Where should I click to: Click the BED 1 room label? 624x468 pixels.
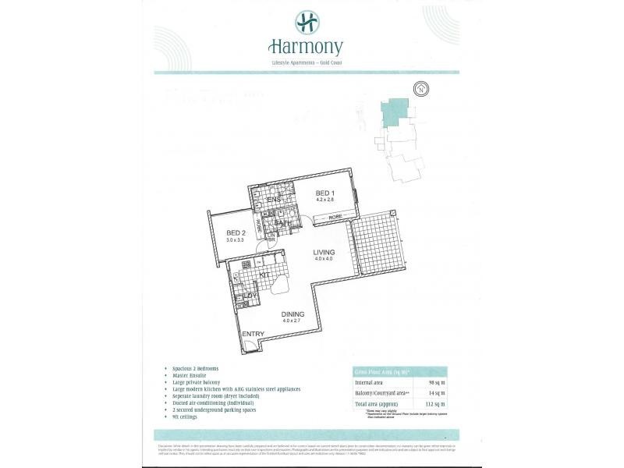coord(325,193)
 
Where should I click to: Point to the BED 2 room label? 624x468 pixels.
coord(236,232)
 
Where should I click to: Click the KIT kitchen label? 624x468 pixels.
coord(264,275)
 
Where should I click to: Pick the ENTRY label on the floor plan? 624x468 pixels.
coord(253,334)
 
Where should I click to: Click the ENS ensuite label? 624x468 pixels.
coord(273,200)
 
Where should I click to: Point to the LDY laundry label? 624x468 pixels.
coord(251,296)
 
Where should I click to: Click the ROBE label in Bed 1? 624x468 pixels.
coord(335,216)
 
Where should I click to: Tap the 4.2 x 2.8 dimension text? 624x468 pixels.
coord(325,200)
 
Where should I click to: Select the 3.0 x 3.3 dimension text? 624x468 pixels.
coord(236,240)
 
